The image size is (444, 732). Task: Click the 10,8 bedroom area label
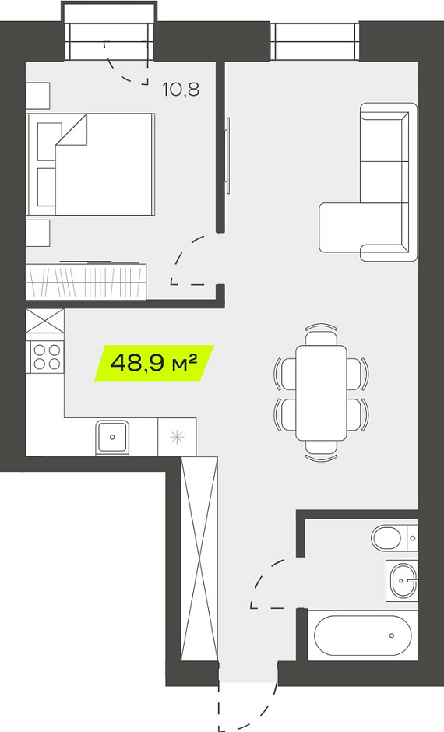pyautogui.click(x=181, y=89)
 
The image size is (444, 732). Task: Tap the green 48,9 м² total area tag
pyautogui.click(x=154, y=363)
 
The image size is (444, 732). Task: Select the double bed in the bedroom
pyautogui.click(x=90, y=164)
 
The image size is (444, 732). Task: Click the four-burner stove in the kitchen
pyautogui.click(x=48, y=357)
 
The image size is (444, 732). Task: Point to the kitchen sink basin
pyautogui.click(x=112, y=437)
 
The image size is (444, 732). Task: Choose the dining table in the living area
pyautogui.click(x=321, y=392)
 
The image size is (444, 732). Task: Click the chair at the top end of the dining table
pyautogui.click(x=321, y=333)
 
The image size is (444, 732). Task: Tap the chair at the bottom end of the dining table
pyautogui.click(x=321, y=451)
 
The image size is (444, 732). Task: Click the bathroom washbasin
pyautogui.click(x=402, y=581)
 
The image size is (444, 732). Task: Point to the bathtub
pyautogui.click(x=362, y=635)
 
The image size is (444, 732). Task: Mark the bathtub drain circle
pyautogui.click(x=392, y=635)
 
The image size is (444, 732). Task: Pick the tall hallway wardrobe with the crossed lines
pyautogui.click(x=199, y=558)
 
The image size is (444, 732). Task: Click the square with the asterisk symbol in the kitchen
pyautogui.click(x=177, y=437)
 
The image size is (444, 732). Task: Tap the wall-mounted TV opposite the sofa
pyautogui.click(x=228, y=156)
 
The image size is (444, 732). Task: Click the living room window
pyautogui.click(x=315, y=41)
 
